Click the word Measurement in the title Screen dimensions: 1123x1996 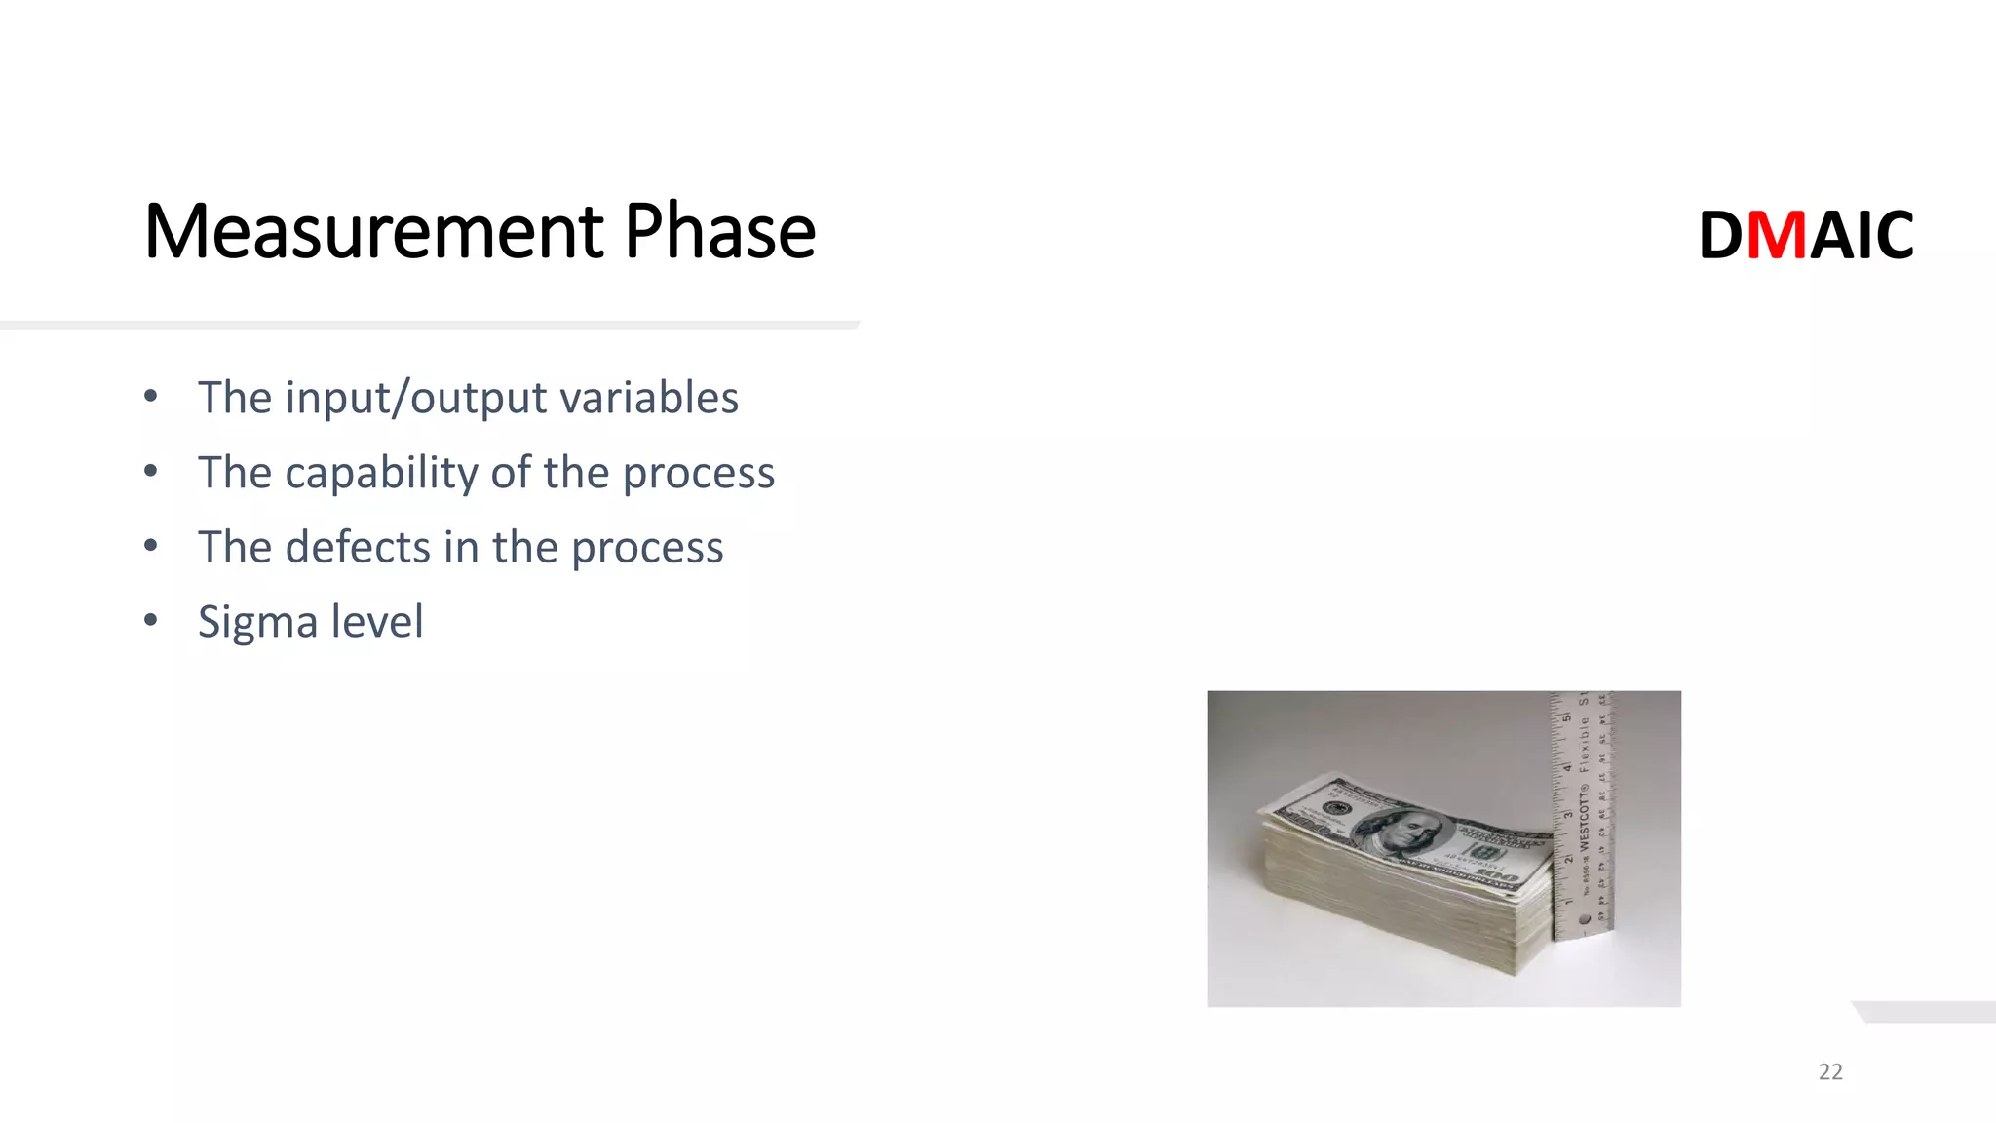click(373, 232)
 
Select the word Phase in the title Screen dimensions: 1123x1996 click(719, 232)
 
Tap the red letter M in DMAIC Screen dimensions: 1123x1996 click(1777, 235)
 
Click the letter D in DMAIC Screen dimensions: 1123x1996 click(1721, 235)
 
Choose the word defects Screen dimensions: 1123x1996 click(358, 547)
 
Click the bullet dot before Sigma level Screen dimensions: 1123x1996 click(150, 620)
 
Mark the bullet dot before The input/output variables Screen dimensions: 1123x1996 click(150, 396)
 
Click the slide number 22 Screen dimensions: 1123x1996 click(1830, 1071)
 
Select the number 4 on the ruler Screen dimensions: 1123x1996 click(1567, 768)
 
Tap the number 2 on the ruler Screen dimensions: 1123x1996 click(1568, 859)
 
